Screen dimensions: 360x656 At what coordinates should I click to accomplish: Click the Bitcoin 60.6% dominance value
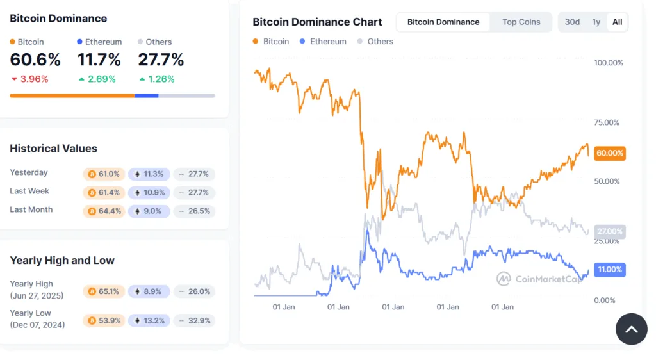[x=35, y=60]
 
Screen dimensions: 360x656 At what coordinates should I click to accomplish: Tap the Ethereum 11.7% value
[x=99, y=60]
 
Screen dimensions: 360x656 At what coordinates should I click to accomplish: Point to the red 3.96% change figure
[x=29, y=79]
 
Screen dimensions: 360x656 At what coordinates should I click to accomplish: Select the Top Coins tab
[x=521, y=22]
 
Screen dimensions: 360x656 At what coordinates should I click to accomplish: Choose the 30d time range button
[x=572, y=22]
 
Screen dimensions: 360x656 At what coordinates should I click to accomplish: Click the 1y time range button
[x=596, y=22]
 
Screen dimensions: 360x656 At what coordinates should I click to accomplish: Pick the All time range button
[x=617, y=22]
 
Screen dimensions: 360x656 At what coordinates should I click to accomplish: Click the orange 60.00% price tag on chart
[x=609, y=153]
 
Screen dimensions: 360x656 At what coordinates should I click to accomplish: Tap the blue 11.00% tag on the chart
[x=609, y=270]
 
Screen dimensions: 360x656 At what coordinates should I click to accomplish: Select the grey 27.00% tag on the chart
[x=609, y=231]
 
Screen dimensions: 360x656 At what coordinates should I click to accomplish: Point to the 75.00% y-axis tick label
[x=607, y=122]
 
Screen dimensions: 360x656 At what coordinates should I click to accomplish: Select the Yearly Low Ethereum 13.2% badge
[x=149, y=320]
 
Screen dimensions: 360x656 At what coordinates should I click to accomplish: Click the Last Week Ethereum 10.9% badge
[x=149, y=192]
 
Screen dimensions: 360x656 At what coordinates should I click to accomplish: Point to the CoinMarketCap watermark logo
[x=538, y=279]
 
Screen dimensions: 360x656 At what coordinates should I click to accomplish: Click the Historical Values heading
[x=53, y=149]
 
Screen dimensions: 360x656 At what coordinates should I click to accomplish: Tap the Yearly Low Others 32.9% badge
[x=194, y=320]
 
